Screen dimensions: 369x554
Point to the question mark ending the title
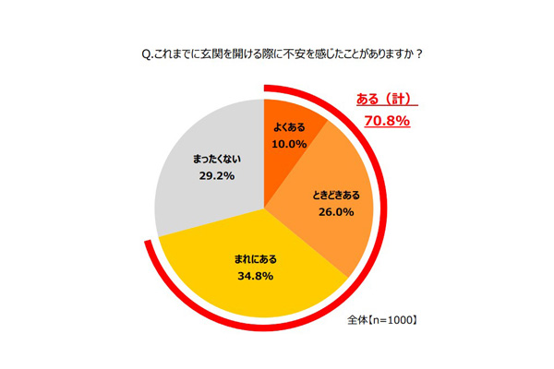(418, 53)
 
